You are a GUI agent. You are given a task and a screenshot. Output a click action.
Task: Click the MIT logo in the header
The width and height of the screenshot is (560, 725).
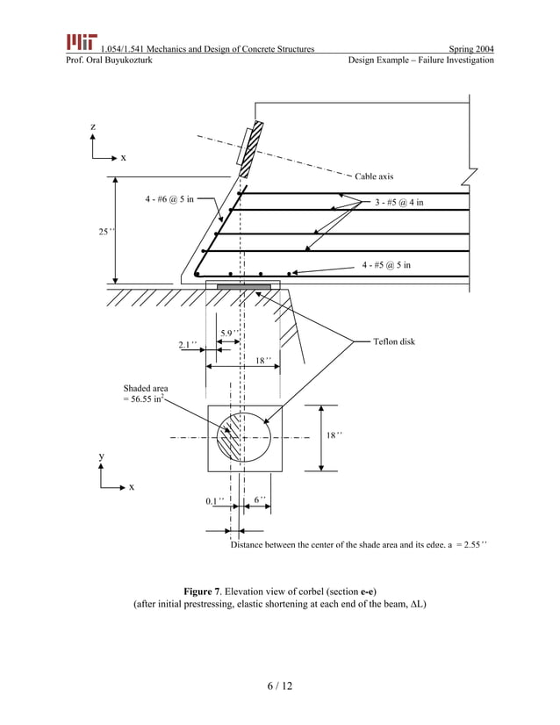(81, 42)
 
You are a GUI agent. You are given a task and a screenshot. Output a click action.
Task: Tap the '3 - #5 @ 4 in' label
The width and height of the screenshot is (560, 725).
(398, 203)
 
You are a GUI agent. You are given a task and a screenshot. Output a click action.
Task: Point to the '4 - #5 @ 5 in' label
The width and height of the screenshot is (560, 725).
(386, 264)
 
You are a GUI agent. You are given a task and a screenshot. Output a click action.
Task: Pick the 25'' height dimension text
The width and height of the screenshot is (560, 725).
(104, 232)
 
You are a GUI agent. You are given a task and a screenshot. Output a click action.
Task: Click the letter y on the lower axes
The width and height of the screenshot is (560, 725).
(101, 456)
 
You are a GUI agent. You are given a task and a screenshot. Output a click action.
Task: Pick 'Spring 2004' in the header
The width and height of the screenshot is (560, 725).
(470, 47)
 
